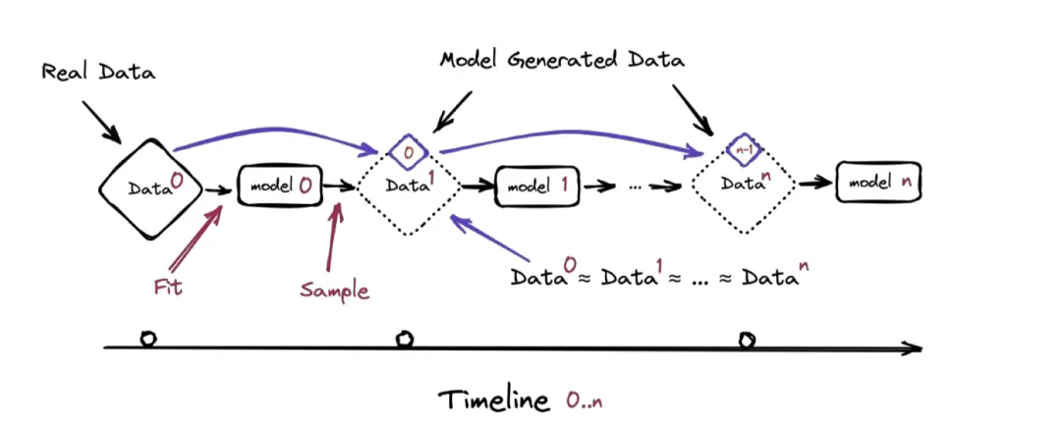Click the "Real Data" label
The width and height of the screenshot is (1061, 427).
coord(98,74)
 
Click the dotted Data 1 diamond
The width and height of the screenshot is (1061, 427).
coord(405,191)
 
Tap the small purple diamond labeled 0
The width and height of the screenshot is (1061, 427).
coord(406,151)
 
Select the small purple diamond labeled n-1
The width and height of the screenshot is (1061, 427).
coord(744,150)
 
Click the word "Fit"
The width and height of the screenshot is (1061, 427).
coord(168,288)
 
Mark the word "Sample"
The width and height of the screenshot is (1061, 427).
coord(335,290)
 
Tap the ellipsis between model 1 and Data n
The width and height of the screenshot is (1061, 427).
coord(637,185)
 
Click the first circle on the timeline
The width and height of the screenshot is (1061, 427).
coord(148,339)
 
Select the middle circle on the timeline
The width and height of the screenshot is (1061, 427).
coord(404,340)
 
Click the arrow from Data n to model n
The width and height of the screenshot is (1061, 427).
coord(813,183)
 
